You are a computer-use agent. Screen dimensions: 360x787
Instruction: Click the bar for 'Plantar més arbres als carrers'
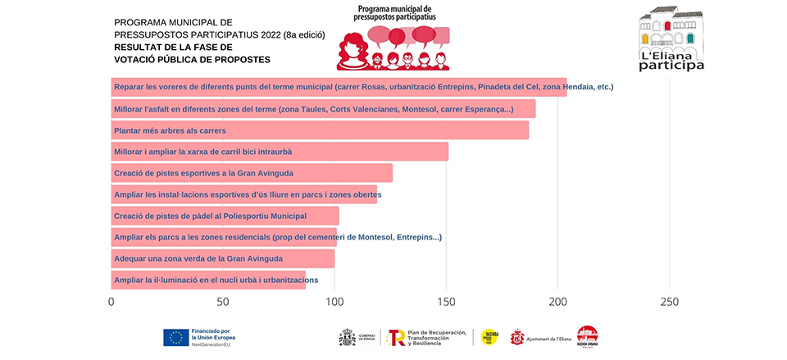(320, 130)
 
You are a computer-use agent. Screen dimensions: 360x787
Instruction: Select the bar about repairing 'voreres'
(339, 87)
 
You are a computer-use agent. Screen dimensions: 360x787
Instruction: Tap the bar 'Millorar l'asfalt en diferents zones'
(323, 109)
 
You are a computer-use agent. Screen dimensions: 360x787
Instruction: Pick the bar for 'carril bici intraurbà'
(280, 152)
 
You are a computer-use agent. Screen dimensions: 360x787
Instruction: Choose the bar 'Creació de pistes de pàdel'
(225, 216)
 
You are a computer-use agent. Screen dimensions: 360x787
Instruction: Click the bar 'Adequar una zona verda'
(222, 259)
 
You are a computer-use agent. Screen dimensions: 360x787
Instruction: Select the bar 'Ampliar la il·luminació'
(208, 280)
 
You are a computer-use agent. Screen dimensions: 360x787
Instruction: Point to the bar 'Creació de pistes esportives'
(252, 173)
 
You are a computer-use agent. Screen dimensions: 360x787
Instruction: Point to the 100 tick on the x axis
(334, 302)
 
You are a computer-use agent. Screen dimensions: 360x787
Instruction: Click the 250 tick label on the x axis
(670, 302)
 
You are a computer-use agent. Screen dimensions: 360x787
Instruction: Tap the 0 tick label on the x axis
(111, 302)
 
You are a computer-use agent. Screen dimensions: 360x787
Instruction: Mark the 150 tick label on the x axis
(447, 302)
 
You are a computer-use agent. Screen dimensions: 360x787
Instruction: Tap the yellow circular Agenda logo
(489, 337)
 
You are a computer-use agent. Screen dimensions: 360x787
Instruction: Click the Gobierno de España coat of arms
(348, 337)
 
